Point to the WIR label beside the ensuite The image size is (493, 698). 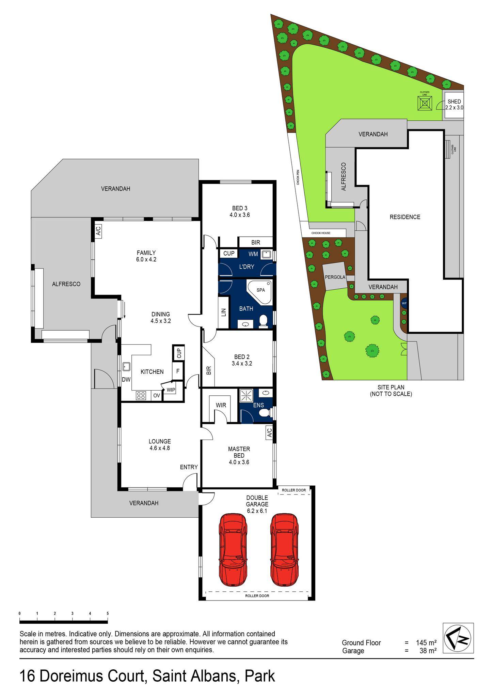coord(221,405)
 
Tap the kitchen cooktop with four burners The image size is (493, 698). coord(141,395)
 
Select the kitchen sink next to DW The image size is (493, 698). coord(127,367)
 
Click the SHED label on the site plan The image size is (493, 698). coord(454,102)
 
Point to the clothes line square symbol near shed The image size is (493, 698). coord(425,103)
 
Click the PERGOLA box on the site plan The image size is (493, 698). coord(335,277)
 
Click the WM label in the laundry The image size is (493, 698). coord(253,254)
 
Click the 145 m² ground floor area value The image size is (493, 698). coord(426,643)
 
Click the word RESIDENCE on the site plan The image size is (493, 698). coord(405,217)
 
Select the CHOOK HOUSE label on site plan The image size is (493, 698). coord(321,233)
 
